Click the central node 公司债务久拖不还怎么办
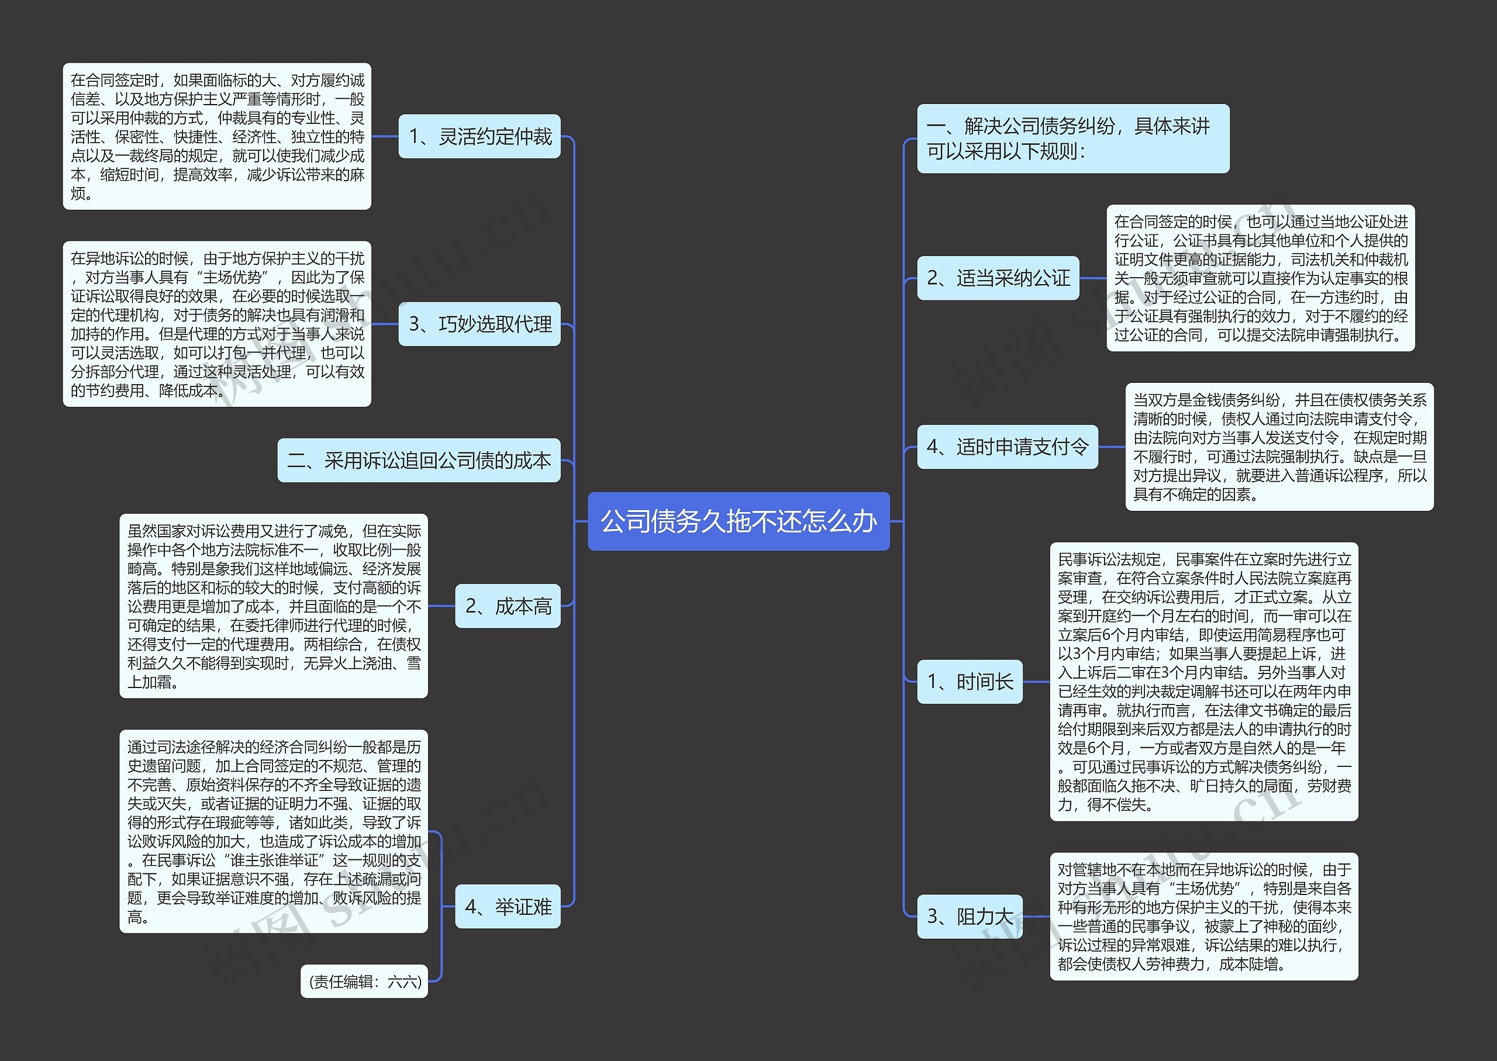pyautogui.click(x=739, y=521)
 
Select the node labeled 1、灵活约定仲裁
pyautogui.click(x=480, y=137)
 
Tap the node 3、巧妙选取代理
pyautogui.click(x=480, y=324)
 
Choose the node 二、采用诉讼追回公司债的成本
pyautogui.click(x=419, y=461)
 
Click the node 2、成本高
pyautogui.click(x=508, y=606)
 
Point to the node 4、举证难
pyautogui.click(x=508, y=907)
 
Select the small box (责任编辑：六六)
pyautogui.click(x=364, y=981)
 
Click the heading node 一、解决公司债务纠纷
pyautogui.click(x=1073, y=139)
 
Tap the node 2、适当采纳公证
pyautogui.click(x=998, y=278)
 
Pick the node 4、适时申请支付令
pyautogui.click(x=1007, y=447)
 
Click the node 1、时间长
pyautogui.click(x=970, y=682)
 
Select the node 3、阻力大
pyautogui.click(x=970, y=917)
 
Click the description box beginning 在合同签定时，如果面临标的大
pyautogui.click(x=217, y=137)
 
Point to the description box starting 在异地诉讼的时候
pyautogui.click(x=217, y=324)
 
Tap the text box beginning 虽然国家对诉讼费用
pyautogui.click(x=273, y=606)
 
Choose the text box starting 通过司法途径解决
pyautogui.click(x=273, y=831)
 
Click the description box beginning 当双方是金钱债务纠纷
pyautogui.click(x=1279, y=447)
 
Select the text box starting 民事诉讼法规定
pyautogui.click(x=1203, y=682)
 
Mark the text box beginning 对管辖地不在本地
pyautogui.click(x=1203, y=917)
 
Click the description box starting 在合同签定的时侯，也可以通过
pyautogui.click(x=1260, y=278)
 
